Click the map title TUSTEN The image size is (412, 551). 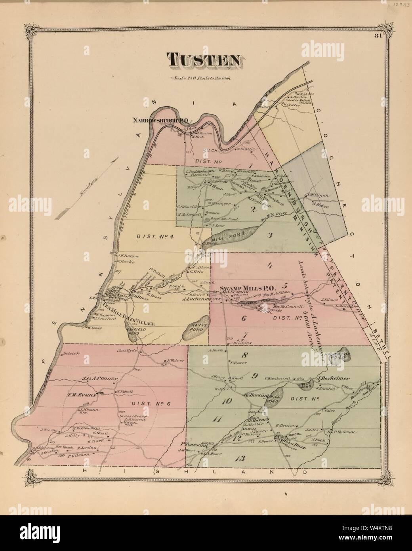click(x=205, y=60)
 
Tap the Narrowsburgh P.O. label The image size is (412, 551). click(x=161, y=119)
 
